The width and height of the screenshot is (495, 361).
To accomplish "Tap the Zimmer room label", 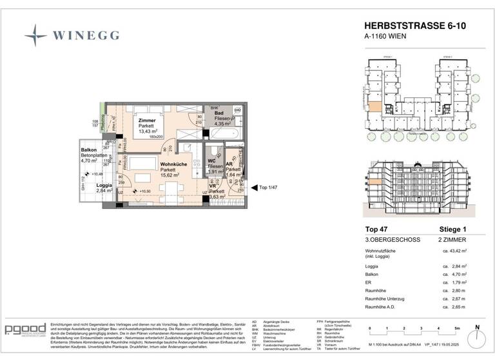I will (147, 121).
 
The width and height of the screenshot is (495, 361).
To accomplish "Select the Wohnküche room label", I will (172, 164).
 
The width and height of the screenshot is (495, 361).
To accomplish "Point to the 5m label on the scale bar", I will (456, 328).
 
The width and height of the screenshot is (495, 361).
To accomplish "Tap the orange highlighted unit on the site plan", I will (374, 108).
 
